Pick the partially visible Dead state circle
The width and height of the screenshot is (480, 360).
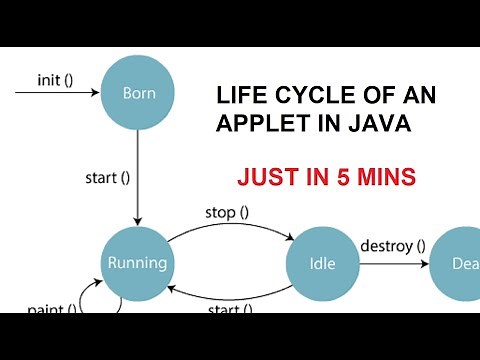pyautogui.click(x=458, y=265)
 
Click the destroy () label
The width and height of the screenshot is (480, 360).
pyautogui.click(x=392, y=245)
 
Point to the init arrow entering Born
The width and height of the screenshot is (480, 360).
pyautogui.click(x=55, y=94)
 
